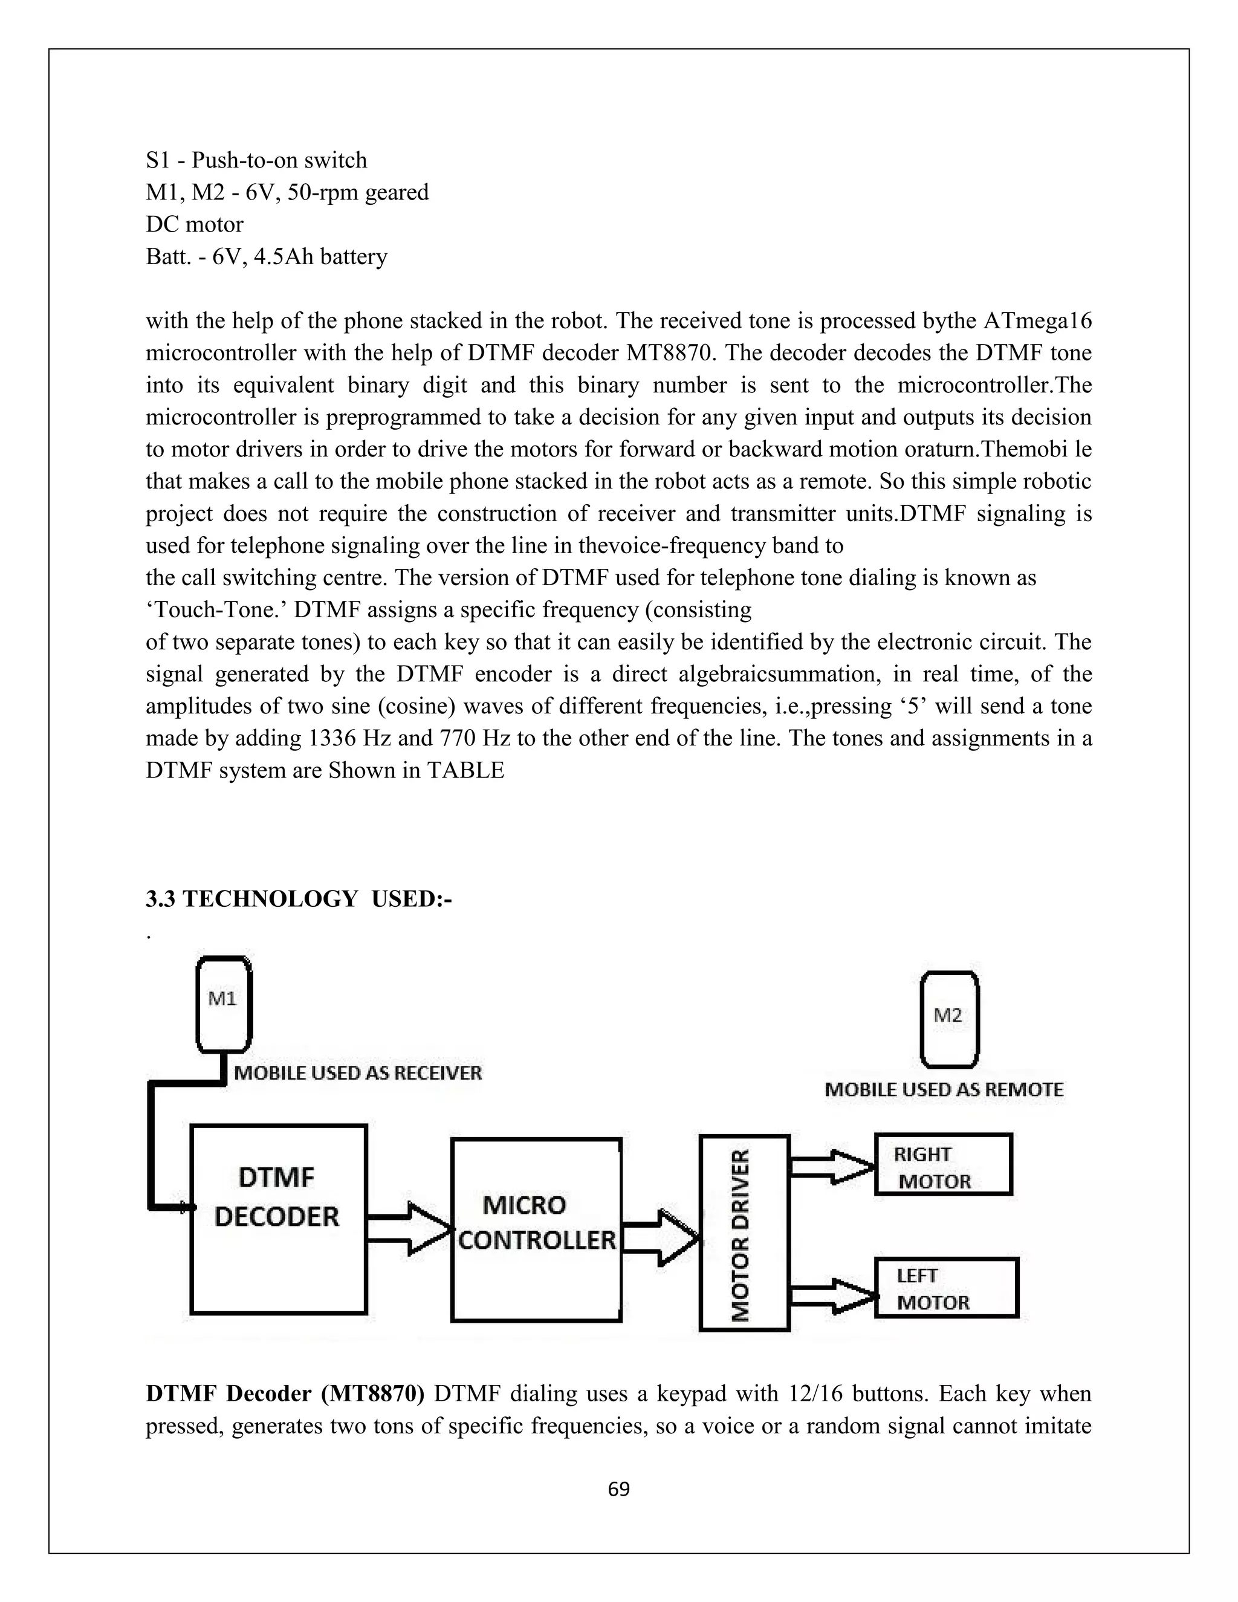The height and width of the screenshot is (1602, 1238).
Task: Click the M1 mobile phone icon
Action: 224,1004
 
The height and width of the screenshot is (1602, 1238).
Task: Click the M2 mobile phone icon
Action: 949,1020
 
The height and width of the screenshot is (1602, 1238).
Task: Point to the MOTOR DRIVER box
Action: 744,1233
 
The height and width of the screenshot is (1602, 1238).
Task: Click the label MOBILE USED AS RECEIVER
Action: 358,1073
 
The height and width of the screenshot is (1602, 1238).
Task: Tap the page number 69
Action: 619,1490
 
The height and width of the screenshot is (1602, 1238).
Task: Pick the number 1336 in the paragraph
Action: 332,738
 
